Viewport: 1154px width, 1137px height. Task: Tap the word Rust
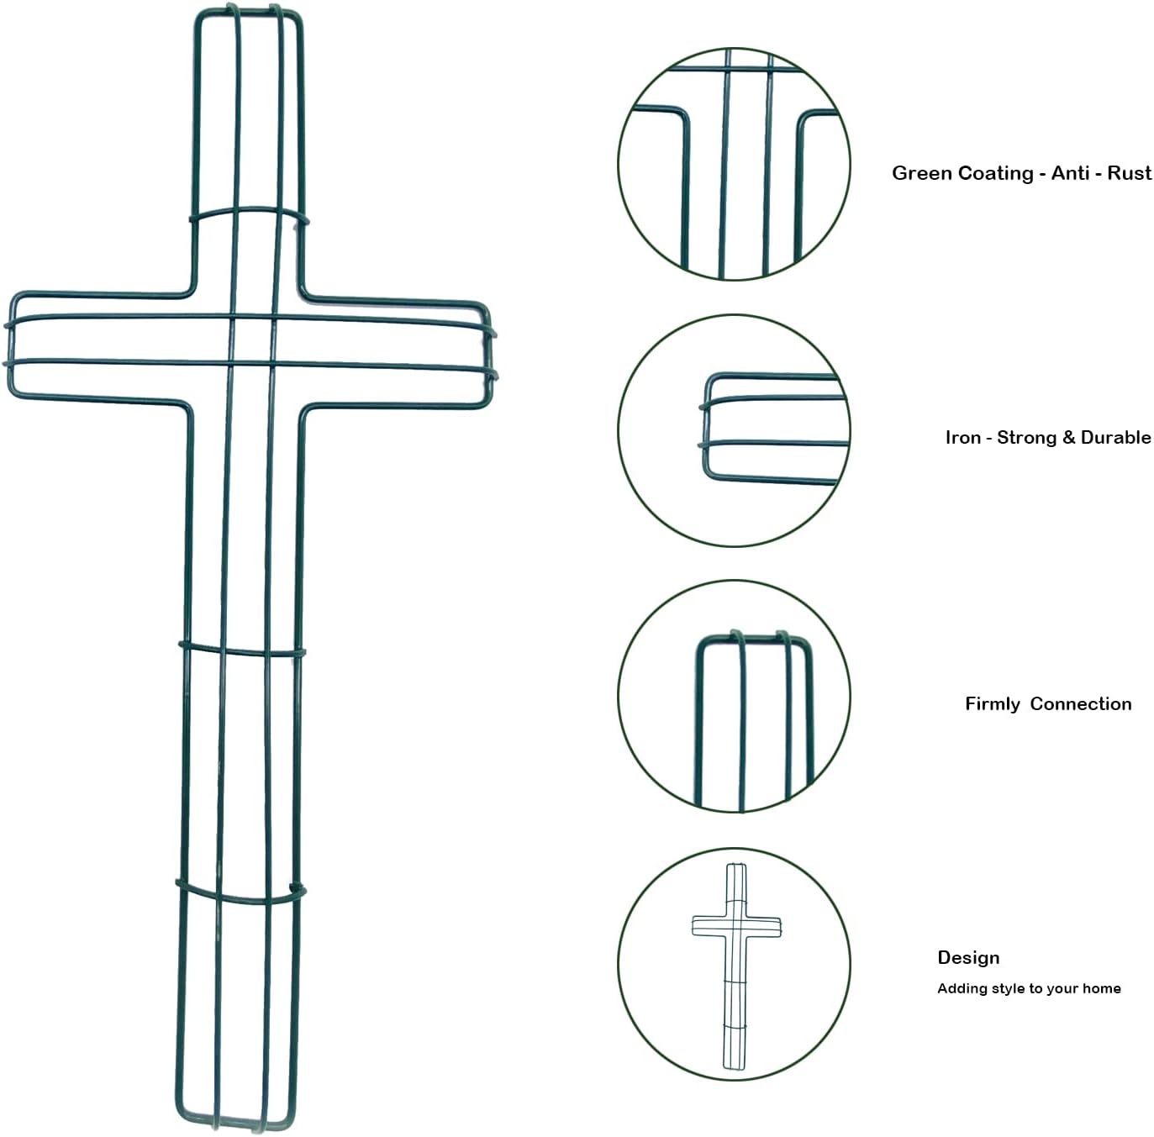[1129, 173]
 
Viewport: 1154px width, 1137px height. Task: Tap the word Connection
[1081, 704]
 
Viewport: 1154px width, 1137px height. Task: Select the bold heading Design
[968, 958]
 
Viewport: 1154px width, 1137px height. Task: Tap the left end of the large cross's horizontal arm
[8, 346]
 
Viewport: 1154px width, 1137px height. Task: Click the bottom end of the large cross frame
[236, 1124]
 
